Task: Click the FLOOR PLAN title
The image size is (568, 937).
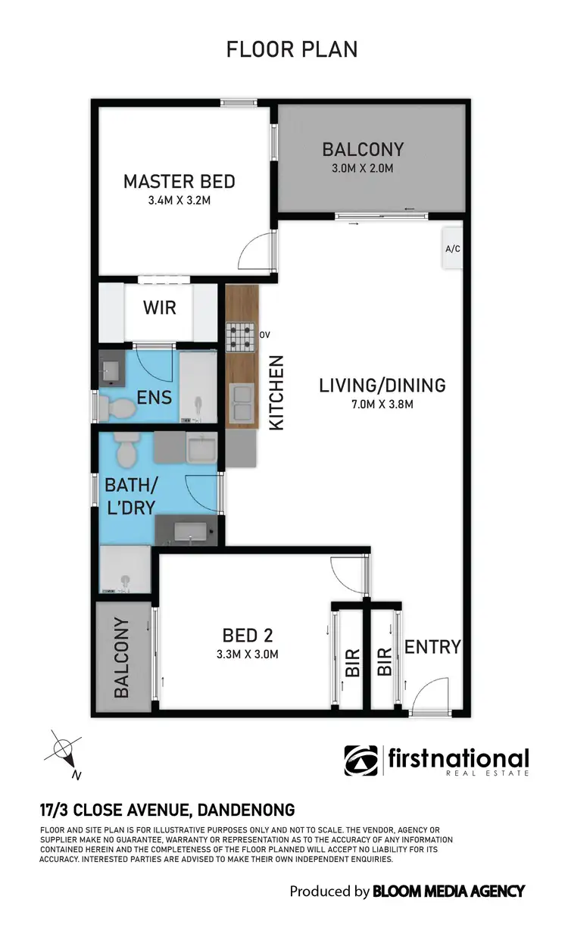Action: pyautogui.click(x=292, y=50)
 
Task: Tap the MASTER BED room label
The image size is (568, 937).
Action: pyautogui.click(x=179, y=182)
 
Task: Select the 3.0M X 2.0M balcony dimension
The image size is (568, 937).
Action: pyautogui.click(x=363, y=168)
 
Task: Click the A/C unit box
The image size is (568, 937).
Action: pyautogui.click(x=453, y=248)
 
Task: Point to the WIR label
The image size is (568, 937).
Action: pyautogui.click(x=159, y=308)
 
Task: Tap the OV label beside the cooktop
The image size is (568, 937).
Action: pyautogui.click(x=265, y=334)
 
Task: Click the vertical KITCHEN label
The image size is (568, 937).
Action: pyautogui.click(x=276, y=394)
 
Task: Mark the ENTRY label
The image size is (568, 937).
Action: pyautogui.click(x=432, y=647)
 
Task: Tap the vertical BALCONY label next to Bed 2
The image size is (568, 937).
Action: pyautogui.click(x=121, y=657)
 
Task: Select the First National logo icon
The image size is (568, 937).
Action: pyautogui.click(x=361, y=761)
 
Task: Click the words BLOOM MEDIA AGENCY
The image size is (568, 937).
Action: pyautogui.click(x=448, y=892)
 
